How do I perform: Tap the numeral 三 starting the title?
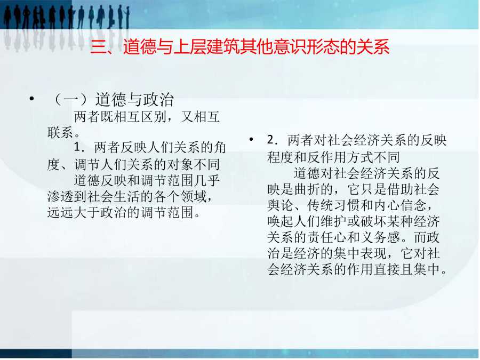click(x=99, y=47)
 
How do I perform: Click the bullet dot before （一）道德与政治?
click(x=31, y=99)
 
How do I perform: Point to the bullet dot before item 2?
click(x=251, y=140)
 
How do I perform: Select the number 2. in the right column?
click(x=273, y=140)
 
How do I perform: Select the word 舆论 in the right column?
click(x=281, y=205)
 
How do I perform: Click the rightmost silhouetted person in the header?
click(x=127, y=17)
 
